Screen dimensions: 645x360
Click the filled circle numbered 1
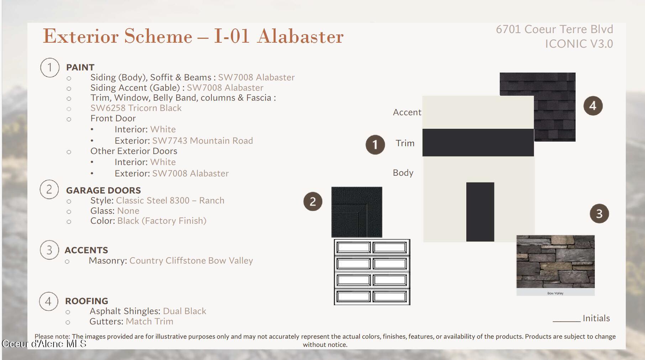pos(375,145)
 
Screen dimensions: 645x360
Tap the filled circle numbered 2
pos(313,201)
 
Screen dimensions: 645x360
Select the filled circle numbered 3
pos(599,213)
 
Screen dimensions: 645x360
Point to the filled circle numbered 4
pos(593,106)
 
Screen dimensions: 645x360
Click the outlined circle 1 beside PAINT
pos(50,68)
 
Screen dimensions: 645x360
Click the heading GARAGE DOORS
pos(103,190)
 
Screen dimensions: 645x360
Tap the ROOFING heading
pos(86,301)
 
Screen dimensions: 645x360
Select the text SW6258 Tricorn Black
pos(136,108)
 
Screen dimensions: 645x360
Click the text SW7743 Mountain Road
pos(203,141)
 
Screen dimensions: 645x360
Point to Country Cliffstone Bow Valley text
pos(191,261)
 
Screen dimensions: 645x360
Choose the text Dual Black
pos(184,311)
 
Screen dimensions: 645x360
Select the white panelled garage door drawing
pos(372,272)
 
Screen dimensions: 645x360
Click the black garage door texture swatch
pos(357,212)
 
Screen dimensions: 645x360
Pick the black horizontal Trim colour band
pos(478,143)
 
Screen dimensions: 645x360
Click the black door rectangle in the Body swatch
pos(480,212)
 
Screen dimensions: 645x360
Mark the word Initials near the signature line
pos(596,318)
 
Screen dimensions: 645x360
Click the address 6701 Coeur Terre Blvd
pos(555,29)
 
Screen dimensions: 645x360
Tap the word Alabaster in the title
pos(300,36)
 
